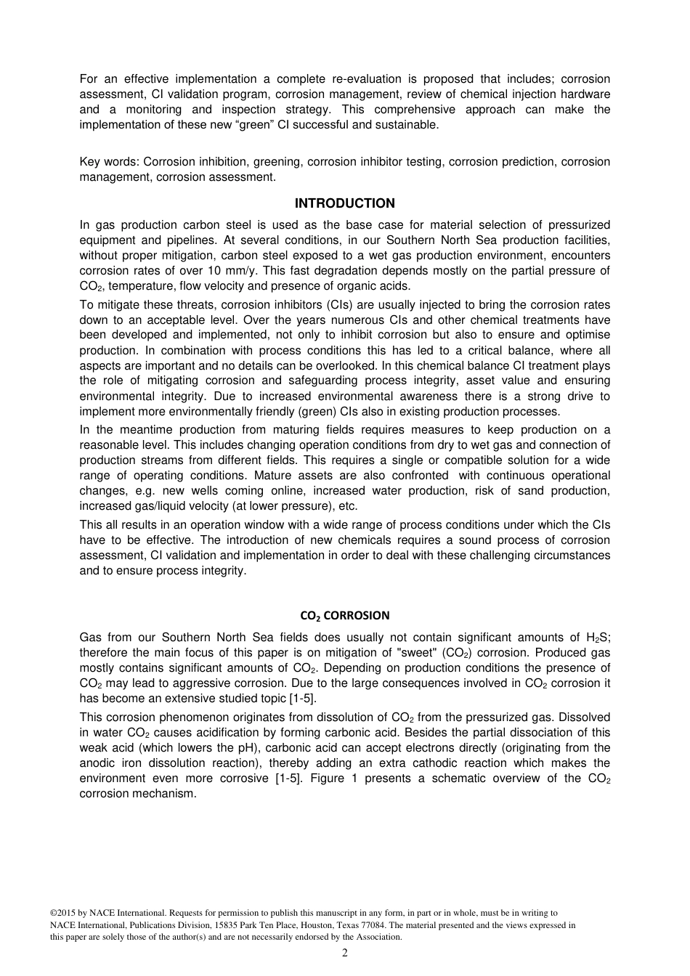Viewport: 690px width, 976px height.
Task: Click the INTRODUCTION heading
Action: (344, 203)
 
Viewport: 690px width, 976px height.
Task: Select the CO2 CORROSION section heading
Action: (344, 616)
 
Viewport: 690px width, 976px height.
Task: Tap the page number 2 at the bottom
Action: (344, 953)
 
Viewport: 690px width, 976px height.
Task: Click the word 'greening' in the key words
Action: (279, 162)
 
